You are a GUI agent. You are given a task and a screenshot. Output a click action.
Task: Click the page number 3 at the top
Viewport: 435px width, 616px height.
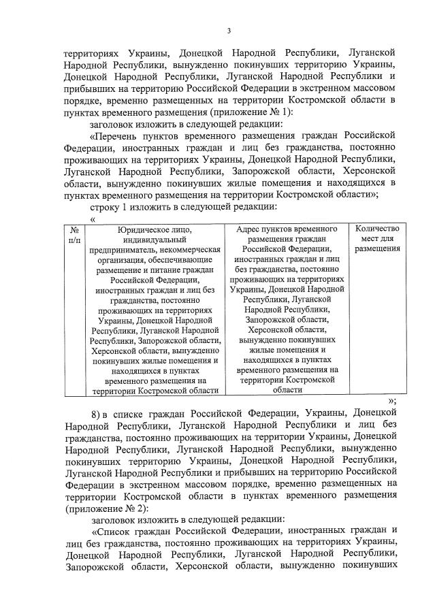229,31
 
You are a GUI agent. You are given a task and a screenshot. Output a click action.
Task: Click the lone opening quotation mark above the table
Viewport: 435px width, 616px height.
93,218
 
